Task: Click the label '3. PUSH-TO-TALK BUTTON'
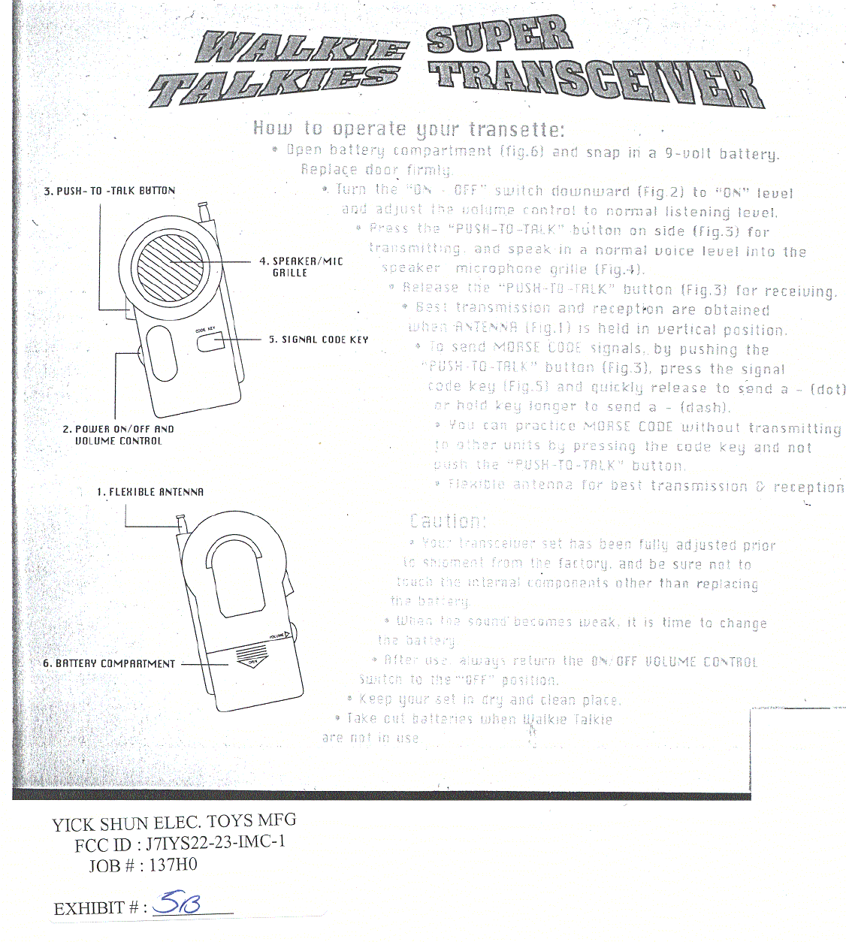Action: point(109,191)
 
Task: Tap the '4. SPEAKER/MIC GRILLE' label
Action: point(301,267)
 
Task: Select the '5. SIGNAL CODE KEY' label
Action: point(319,340)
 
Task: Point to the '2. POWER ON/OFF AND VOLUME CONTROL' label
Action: point(118,435)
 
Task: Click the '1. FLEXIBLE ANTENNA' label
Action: point(150,492)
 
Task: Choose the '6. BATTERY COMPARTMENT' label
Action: point(109,664)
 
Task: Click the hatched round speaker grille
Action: point(169,265)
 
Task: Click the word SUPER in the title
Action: point(499,36)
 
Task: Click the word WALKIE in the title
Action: point(301,48)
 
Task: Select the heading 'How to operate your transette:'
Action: point(409,129)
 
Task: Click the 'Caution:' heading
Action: point(448,521)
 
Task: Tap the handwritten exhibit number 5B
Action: point(176,905)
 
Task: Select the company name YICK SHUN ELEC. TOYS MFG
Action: point(174,822)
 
